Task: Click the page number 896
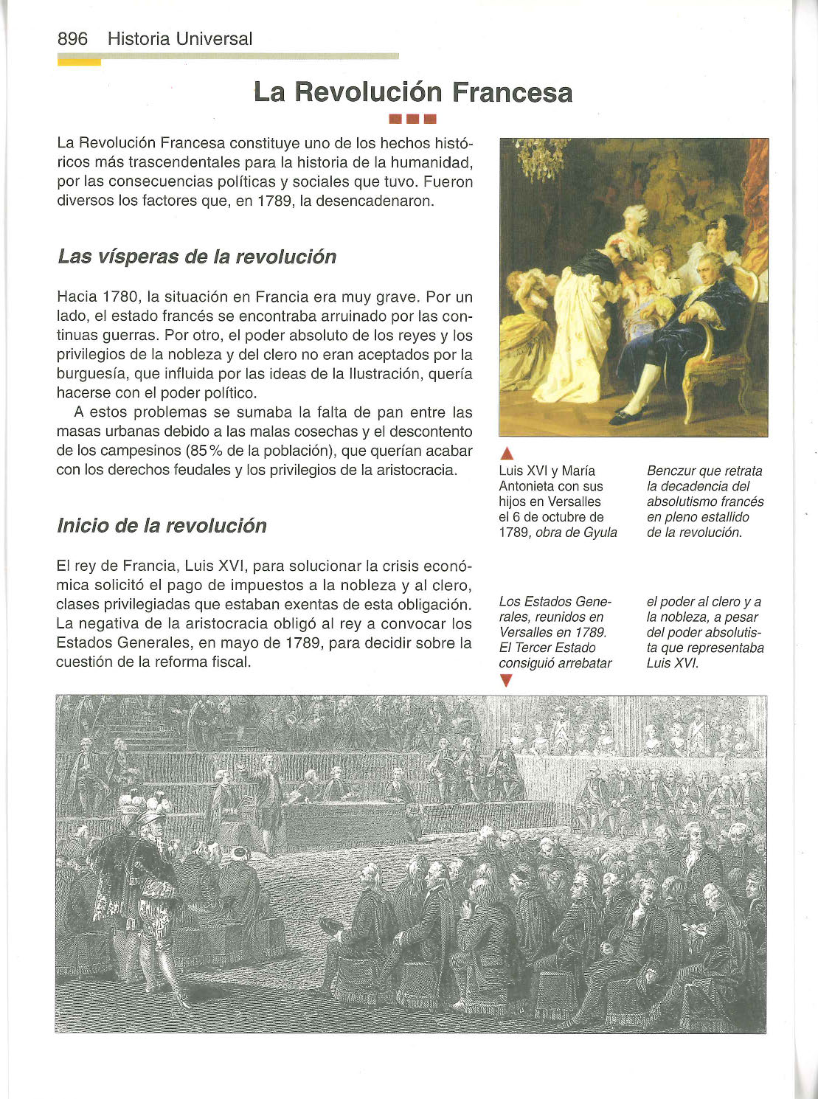(x=72, y=39)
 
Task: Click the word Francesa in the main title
(x=512, y=93)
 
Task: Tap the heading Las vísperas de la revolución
(x=196, y=257)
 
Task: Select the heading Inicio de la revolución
(x=162, y=526)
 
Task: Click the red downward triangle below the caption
(x=505, y=681)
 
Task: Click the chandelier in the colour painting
(x=540, y=158)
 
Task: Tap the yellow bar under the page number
(x=79, y=63)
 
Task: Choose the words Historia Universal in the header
(x=179, y=39)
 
